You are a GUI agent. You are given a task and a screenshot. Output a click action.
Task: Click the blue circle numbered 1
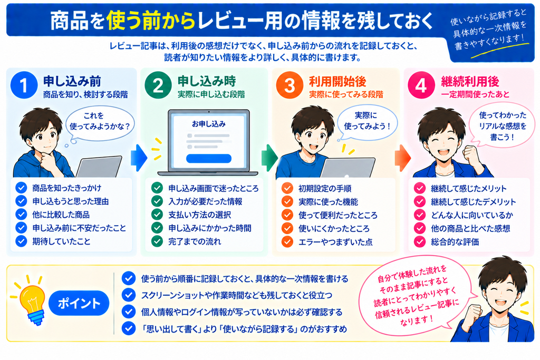24,85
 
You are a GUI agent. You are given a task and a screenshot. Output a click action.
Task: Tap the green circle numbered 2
158,85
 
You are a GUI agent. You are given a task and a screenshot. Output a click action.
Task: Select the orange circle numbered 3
290,85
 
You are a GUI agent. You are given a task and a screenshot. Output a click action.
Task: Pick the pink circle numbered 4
421,85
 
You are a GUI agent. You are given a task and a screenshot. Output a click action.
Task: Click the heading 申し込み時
207,81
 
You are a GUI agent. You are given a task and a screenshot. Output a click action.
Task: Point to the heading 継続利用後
470,82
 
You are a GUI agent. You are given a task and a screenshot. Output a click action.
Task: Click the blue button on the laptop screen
209,158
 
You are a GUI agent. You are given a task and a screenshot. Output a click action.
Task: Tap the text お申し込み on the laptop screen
209,124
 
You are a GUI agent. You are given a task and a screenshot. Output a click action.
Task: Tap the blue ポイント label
79,303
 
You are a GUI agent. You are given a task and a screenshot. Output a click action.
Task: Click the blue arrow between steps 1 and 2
139,158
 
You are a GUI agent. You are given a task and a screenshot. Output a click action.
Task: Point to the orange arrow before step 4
402,158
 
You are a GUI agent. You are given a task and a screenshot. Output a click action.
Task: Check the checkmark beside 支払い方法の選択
157,215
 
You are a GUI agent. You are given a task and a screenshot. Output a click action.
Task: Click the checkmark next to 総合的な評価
419,241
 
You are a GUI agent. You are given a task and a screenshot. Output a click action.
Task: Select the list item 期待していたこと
61,241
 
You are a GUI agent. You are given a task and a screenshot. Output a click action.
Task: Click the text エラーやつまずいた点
335,242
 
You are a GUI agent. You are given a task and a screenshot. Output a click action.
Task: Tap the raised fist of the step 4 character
471,155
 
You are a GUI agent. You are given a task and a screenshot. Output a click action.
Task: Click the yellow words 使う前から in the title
151,21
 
